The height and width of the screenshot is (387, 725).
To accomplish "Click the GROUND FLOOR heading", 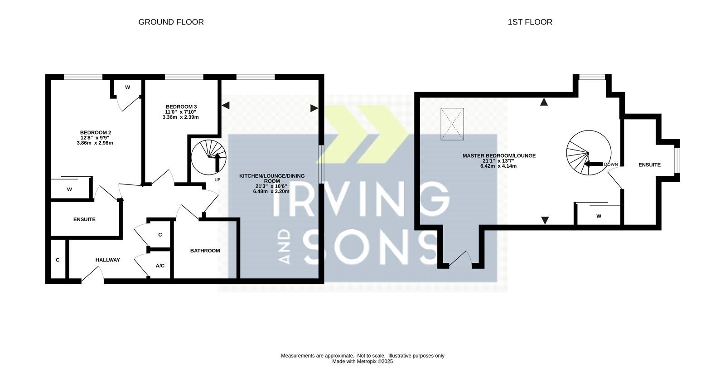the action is click(x=171, y=22).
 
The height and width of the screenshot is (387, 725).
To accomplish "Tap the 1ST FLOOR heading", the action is click(x=530, y=22).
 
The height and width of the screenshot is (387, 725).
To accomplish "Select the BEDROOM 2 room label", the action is click(x=96, y=132).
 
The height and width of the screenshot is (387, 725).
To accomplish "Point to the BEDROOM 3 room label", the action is click(x=181, y=107).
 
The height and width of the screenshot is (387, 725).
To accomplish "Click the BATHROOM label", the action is click(x=205, y=251).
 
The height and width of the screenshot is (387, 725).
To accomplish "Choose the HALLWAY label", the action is click(x=107, y=260).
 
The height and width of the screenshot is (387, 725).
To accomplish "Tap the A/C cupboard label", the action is click(x=160, y=266).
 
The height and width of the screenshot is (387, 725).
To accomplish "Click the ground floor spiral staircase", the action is click(x=209, y=158).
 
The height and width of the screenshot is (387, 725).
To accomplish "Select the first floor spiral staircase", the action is click(x=589, y=153).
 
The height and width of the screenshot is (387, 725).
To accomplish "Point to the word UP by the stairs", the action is click(x=217, y=179).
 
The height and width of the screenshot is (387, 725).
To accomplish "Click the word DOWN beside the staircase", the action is click(x=611, y=164).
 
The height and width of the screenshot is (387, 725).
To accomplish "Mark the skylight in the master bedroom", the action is click(x=452, y=124).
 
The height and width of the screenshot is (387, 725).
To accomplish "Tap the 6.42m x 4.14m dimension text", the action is click(x=498, y=166).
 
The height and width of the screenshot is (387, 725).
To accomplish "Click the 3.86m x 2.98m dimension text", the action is click(x=95, y=143).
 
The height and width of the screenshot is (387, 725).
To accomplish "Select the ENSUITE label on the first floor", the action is click(x=650, y=164).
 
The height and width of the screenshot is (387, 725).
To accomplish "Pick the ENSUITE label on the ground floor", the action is click(x=84, y=219).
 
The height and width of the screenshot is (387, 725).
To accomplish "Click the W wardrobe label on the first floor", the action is click(x=599, y=216).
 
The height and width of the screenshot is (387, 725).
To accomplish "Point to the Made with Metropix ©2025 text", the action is click(x=362, y=362).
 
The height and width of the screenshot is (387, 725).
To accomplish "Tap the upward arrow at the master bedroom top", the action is click(x=544, y=102).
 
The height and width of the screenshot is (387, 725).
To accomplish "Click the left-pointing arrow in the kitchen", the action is click(x=226, y=105).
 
